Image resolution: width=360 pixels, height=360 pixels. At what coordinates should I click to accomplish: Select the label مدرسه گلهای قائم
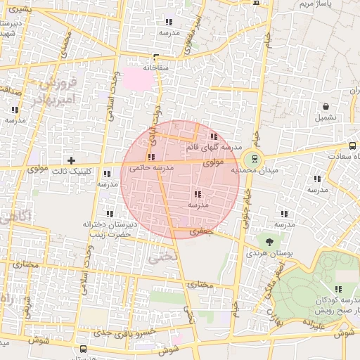[214, 148]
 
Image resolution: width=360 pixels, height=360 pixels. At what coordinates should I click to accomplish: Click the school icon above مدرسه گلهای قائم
[214, 137]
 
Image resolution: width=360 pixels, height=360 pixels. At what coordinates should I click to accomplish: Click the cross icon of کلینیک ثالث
[70, 160]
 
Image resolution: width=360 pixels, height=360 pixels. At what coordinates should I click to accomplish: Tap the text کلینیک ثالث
[73, 171]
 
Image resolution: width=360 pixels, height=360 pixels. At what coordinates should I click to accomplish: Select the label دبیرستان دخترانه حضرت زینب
[108, 229]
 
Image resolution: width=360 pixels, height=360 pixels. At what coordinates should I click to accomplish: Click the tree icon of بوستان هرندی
[270, 242]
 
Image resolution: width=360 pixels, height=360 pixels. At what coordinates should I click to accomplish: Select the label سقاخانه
[156, 68]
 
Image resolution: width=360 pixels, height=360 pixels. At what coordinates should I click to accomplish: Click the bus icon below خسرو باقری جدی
[84, 349]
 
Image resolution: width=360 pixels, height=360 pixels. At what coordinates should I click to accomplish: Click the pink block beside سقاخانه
[139, 79]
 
